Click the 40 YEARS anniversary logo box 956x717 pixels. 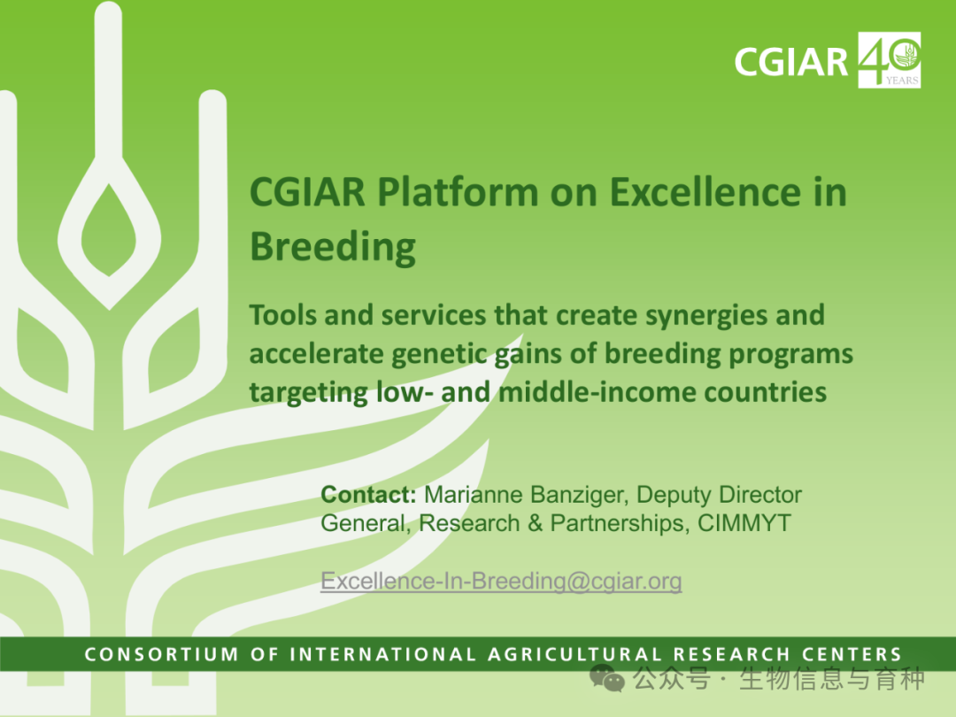click(x=889, y=60)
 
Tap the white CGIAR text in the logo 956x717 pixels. click(x=790, y=62)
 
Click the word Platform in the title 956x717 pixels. click(x=458, y=193)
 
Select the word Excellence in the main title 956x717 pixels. click(x=705, y=192)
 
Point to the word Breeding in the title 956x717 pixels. click(x=333, y=248)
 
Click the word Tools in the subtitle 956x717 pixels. click(x=283, y=315)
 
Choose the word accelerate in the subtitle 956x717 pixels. click(x=316, y=354)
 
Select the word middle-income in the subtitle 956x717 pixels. click(x=597, y=392)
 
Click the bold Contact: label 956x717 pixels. click(x=368, y=495)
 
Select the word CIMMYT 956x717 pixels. click(x=744, y=523)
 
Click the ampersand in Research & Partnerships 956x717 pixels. click(x=536, y=523)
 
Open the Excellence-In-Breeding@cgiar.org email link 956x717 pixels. click(x=501, y=581)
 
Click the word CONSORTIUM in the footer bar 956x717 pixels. click(x=162, y=654)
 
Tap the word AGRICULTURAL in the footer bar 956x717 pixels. click(x=575, y=654)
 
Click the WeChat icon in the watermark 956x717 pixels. click(x=607, y=678)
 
